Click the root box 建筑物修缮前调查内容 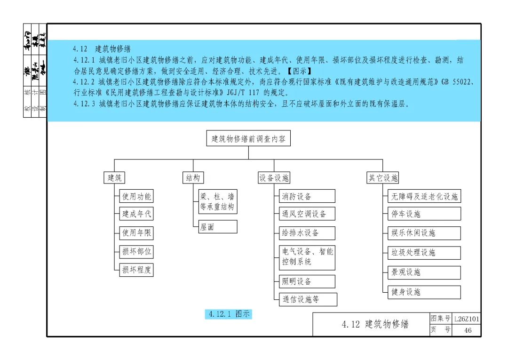(248, 139)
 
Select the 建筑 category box (115, 177)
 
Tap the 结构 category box (193, 177)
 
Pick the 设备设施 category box (274, 177)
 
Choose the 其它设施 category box (383, 177)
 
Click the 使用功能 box (136, 196)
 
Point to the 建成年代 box (136, 214)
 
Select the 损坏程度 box (136, 270)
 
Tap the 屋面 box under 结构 (217, 227)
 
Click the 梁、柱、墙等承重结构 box (217, 202)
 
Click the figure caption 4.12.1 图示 (229, 314)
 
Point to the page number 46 (468, 330)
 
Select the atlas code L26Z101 (467, 319)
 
